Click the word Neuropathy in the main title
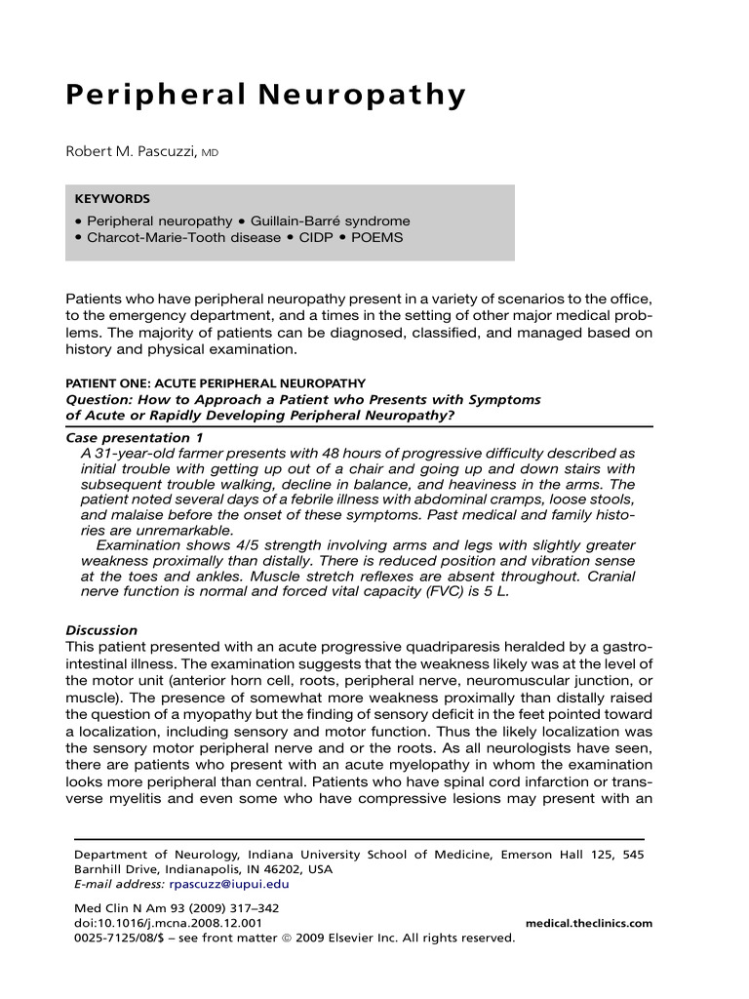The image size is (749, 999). pyautogui.click(x=371, y=97)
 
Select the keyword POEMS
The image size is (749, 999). pyautogui.click(x=379, y=238)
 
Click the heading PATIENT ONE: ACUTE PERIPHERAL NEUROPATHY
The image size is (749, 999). pyautogui.click(x=216, y=383)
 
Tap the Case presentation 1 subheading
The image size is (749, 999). pyautogui.click(x=127, y=438)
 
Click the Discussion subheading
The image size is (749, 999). pyautogui.click(x=101, y=630)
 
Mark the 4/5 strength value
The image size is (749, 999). pyautogui.click(x=251, y=544)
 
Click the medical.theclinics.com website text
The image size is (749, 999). pyautogui.click(x=588, y=923)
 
